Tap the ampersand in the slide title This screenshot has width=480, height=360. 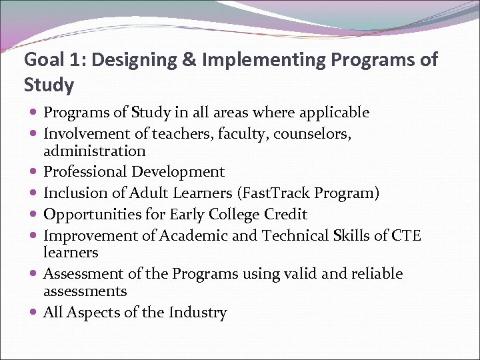point(189,60)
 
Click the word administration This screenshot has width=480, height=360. point(94,151)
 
